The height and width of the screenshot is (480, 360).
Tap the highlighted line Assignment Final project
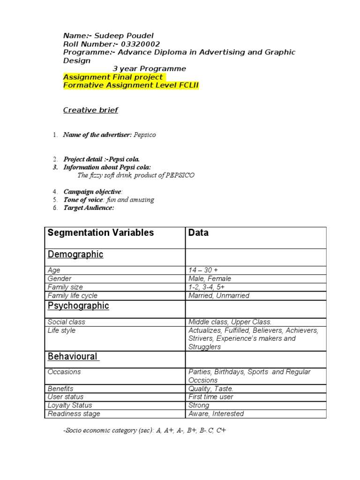coord(113,77)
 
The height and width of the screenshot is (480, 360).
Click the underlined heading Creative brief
coord(90,110)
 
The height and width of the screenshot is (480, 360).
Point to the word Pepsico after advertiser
coord(144,135)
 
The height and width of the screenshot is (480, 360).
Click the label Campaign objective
coord(92,192)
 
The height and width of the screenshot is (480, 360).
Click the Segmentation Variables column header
coord(101,233)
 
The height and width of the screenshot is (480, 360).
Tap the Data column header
coord(198,233)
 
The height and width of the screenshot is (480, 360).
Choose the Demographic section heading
coord(75,255)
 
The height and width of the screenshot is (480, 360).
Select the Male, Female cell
coord(210,279)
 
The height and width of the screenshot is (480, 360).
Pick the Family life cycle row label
coord(73,296)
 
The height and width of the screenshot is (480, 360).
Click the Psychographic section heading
coord(78,306)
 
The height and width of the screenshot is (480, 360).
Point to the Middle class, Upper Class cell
coord(230,322)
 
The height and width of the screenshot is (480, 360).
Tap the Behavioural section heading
coord(73,357)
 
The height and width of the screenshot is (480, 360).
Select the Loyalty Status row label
coord(70,405)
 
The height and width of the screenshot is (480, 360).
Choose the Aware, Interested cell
coord(216,414)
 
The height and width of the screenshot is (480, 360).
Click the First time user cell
coord(210,397)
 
